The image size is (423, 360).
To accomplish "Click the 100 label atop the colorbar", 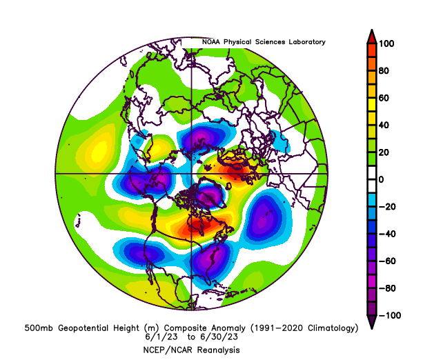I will click(x=386, y=43).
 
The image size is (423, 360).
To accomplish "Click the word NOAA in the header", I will click(x=213, y=42).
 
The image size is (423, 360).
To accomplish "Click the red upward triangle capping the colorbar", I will click(x=371, y=36).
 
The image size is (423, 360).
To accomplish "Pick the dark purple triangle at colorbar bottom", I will click(x=371, y=322).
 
